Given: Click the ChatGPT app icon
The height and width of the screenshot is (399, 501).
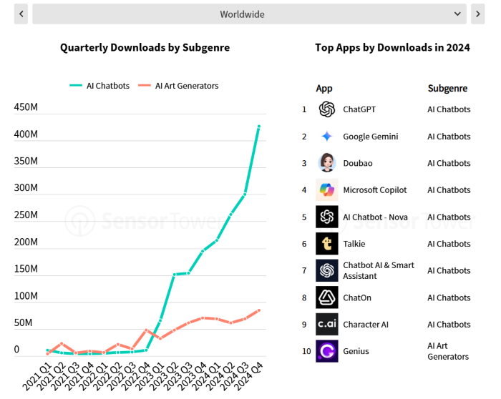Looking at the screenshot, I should click(327, 109).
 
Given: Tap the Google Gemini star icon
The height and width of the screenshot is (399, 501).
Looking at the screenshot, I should click(327, 137).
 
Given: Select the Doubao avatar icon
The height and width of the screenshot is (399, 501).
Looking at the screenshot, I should click(327, 163).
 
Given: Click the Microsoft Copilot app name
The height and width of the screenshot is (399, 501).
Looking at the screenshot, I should click(374, 190).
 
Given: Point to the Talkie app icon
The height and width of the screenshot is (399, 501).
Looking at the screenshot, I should click(327, 244).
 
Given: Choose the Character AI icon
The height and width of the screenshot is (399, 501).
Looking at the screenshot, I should click(327, 324).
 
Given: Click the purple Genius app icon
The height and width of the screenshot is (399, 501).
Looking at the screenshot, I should click(327, 351).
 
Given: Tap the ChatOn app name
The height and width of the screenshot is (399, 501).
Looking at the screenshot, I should click(357, 297).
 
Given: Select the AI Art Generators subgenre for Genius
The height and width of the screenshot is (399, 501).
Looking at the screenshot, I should click(448, 351).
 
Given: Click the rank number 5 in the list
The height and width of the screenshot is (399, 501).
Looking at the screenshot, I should click(304, 217).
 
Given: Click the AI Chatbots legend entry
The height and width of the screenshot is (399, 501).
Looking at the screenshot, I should click(99, 86).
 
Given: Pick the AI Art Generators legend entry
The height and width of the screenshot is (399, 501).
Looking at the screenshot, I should click(178, 86).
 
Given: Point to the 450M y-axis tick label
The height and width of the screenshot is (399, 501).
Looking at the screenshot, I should click(26, 107).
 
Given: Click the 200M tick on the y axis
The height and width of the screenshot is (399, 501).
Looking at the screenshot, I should click(26, 242).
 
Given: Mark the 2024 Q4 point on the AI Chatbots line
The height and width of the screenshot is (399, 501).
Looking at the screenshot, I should click(259, 126).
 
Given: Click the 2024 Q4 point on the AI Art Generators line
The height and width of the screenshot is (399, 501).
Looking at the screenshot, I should click(259, 310).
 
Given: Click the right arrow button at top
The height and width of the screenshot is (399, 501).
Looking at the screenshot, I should click(477, 14).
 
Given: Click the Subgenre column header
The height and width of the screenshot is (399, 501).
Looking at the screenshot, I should click(447, 89).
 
